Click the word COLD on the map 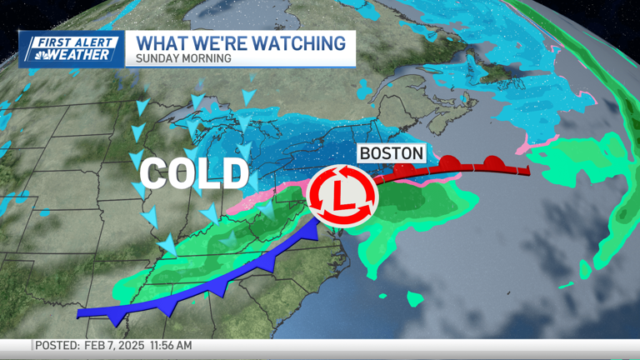click(x=194, y=173)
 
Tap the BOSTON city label click(x=392, y=154)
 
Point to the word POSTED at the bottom click(x=56, y=345)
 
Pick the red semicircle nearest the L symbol click(x=408, y=168)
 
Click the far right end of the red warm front click(x=527, y=171)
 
